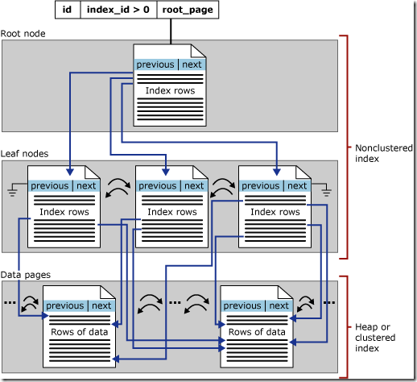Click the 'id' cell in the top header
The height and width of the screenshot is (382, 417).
[x=68, y=10]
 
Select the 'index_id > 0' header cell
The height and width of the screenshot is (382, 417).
[x=118, y=10]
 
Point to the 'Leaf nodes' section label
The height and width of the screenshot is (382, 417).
[x=26, y=152]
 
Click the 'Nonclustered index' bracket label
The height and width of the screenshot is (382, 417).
[x=383, y=152]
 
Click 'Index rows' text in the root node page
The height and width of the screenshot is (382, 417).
[x=169, y=90]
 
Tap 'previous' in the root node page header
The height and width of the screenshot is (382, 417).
[x=155, y=64]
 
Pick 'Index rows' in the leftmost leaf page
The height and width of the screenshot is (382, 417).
[x=63, y=212]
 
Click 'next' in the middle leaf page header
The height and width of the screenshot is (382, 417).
[x=193, y=185]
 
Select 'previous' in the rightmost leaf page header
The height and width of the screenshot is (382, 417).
[x=261, y=185]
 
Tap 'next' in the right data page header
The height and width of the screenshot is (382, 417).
[x=279, y=306]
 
